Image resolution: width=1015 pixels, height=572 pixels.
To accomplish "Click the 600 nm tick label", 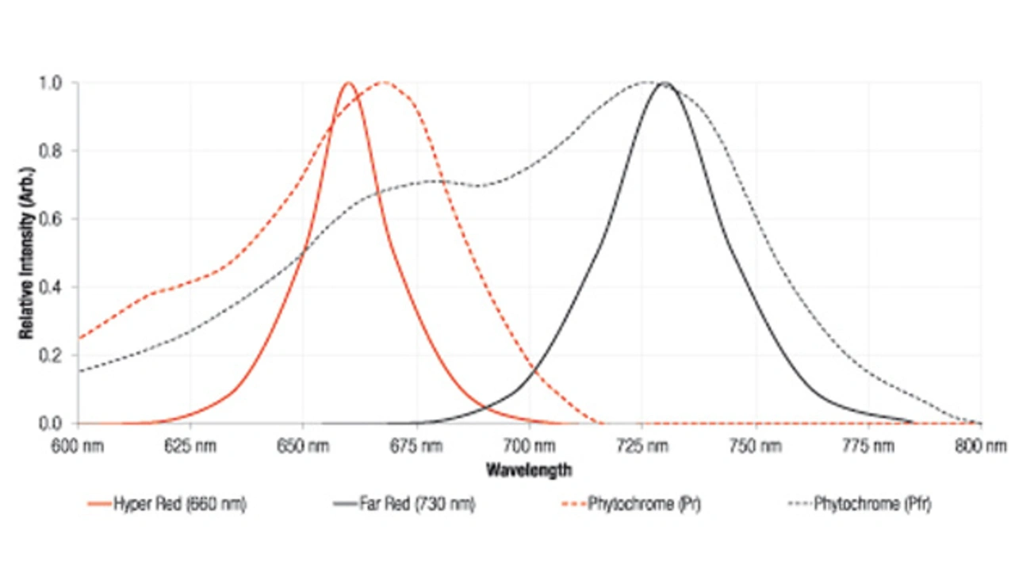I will tap(78, 447).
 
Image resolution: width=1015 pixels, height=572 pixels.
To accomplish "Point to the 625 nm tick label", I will tap(191, 447).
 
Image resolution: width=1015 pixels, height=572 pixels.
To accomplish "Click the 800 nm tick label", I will tap(982, 447).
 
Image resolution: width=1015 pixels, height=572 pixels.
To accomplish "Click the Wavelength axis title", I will tap(528, 470).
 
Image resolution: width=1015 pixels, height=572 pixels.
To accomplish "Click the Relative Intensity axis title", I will tap(27, 253).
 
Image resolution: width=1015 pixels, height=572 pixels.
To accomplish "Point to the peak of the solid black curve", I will tap(665, 83).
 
